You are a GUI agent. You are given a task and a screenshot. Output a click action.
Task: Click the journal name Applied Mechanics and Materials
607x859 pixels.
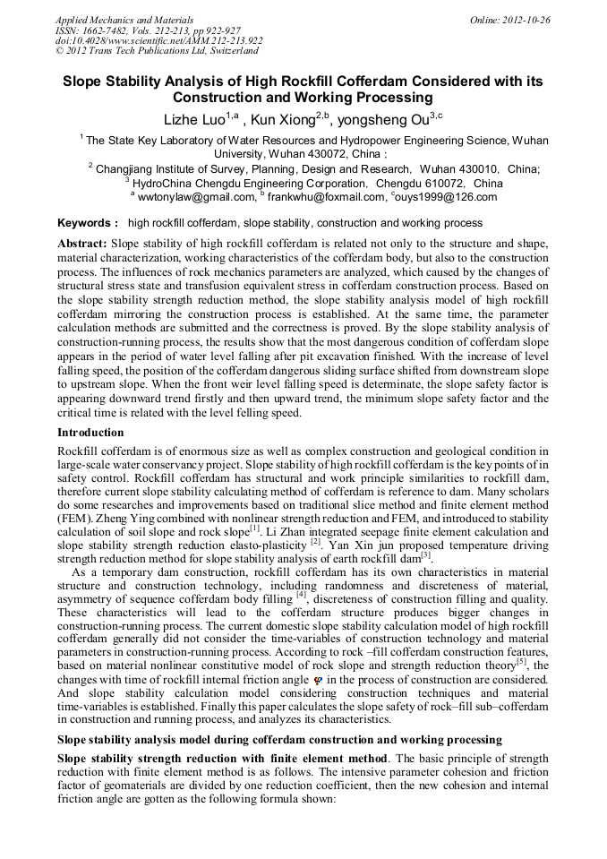[x=118, y=20]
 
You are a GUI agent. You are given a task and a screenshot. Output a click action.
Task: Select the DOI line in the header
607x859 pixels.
[x=158, y=40]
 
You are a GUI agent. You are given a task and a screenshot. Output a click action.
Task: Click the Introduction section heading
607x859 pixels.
[x=90, y=433]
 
